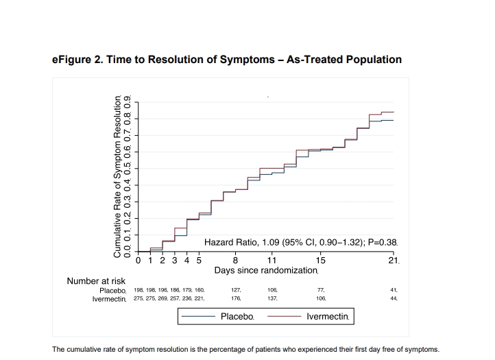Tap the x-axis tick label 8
[235, 261]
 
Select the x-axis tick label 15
[320, 261]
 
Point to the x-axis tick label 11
[271, 261]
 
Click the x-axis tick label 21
[394, 261]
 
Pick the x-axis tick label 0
[138, 261]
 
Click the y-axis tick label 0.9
[128, 102]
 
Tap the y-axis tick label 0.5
[128, 169]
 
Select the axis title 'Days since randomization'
[266, 271]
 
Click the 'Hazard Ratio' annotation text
[300, 242]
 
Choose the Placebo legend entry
[218, 316]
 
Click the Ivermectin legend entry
[308, 316]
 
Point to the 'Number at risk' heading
[96, 281]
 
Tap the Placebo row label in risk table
[112, 291]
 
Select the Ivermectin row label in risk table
[109, 299]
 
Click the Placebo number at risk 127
[236, 290]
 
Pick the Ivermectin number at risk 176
[236, 298]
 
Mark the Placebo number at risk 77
[321, 290]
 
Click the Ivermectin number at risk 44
[394, 298]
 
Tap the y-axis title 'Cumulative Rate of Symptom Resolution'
[117, 176]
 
